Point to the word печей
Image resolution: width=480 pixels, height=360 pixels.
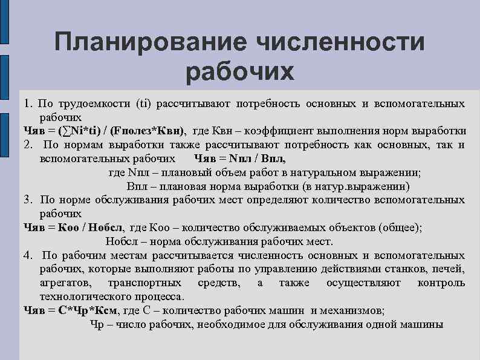[x=449, y=269]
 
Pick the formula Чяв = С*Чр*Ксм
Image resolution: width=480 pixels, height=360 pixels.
[x=70, y=310]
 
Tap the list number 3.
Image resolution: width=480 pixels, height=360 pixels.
[x=28, y=199]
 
